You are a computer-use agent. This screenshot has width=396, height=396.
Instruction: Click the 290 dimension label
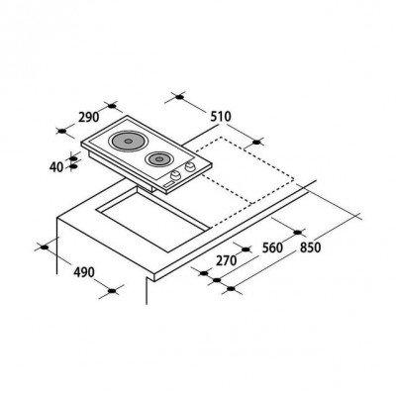coord(89,117)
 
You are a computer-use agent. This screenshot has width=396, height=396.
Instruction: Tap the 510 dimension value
coord(221,117)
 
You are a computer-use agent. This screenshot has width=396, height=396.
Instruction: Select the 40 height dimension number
coord(56,167)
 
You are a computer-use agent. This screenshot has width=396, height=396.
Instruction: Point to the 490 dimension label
coord(84,272)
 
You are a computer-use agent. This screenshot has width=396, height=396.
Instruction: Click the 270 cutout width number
coord(227,260)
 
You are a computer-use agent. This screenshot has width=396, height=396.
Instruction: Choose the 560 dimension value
coord(272,247)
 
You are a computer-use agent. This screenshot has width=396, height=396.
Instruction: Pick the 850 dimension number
coord(310,247)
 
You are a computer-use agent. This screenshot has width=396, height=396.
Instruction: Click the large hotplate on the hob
coord(129,141)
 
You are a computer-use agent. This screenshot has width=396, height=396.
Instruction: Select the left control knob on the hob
coord(176,175)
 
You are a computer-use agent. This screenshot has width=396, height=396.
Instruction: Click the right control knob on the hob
coord(190,167)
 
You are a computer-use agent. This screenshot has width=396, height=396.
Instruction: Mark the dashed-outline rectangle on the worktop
coord(245,170)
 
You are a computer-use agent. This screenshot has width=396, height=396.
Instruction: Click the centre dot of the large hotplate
coord(129,141)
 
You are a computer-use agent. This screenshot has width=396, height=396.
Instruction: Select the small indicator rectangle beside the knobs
coord(167,184)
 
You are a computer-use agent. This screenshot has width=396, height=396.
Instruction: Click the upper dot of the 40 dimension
coord(73,158)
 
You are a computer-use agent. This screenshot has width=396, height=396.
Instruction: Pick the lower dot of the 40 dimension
coord(73,166)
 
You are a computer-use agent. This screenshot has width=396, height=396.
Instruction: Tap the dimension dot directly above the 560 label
coord(298,233)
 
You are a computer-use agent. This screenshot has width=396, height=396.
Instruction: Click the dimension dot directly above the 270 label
coord(246,249)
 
